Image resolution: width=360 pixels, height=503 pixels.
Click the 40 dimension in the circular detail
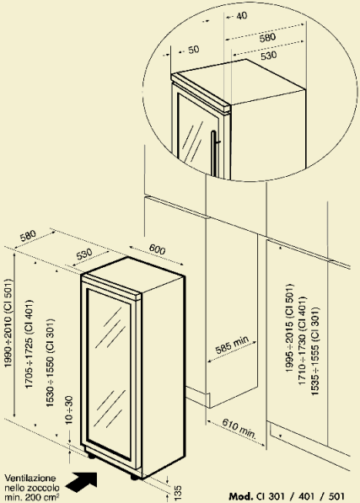pyautogui.click(x=241, y=15)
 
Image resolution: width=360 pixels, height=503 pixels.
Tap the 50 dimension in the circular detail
pyautogui.click(x=193, y=50)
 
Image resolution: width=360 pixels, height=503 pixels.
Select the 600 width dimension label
pyautogui.click(x=157, y=249)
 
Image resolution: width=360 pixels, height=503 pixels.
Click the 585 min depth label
pyautogui.click(x=232, y=345)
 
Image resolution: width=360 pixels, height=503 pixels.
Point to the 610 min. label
pyautogui.click(x=239, y=429)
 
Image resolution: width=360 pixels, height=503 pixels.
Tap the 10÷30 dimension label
pyautogui.click(x=68, y=409)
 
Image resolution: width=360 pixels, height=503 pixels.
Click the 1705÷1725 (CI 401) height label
pyautogui.click(x=30, y=344)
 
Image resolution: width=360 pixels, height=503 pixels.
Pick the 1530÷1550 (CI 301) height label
pyautogui.click(x=50, y=363)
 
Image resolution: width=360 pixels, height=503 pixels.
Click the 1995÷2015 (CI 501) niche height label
pyautogui.click(x=289, y=328)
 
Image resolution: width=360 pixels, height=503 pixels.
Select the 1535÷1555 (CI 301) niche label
pyautogui.click(x=315, y=351)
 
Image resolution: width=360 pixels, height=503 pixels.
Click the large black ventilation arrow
pyautogui.click(x=82, y=482)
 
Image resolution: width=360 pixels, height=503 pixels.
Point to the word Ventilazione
pyautogui.click(x=30, y=479)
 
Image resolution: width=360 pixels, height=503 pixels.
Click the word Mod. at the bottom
pyautogui.click(x=241, y=496)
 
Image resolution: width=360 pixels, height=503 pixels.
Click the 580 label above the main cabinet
pyautogui.click(x=28, y=236)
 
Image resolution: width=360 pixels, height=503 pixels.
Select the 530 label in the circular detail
pyautogui.click(x=269, y=56)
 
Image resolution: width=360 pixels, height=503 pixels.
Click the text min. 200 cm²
pyautogui.click(x=32, y=498)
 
